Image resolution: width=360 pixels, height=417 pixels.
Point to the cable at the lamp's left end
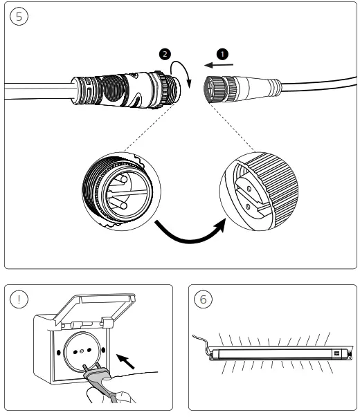[x=201, y=342]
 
